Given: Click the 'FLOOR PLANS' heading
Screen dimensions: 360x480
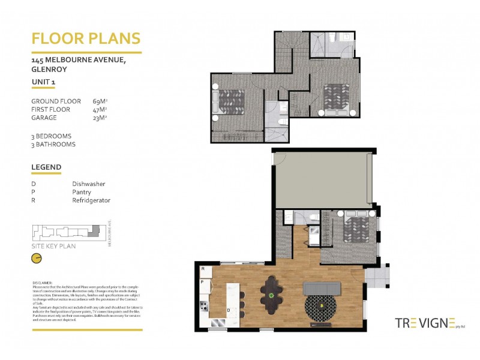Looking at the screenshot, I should click(86, 38).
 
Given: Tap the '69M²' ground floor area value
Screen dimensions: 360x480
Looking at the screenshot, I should click(100, 101).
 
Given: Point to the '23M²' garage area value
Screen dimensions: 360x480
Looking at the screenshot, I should click(100, 118).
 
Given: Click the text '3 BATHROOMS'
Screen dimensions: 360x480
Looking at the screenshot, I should click(53, 145).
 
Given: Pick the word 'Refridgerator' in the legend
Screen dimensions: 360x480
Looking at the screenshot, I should click(91, 200).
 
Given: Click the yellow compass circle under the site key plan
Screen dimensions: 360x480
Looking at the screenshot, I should click(37, 258).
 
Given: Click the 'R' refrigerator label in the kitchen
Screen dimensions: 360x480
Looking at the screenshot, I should click(203, 269).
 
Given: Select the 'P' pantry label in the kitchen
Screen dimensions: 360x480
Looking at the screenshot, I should click(203, 281).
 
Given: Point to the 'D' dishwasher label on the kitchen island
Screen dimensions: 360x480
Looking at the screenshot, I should click(229, 310).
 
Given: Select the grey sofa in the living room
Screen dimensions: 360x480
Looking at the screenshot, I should click(322, 288).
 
